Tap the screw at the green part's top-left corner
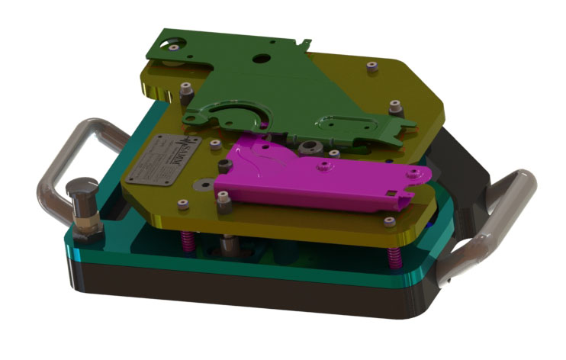175,47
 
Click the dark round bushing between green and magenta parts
308,145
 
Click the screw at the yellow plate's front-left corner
182,204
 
